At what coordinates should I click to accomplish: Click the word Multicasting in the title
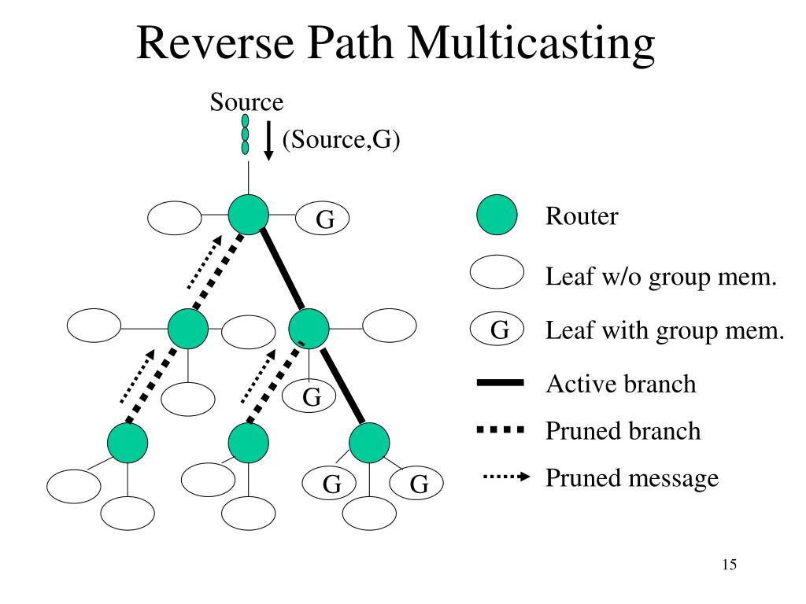(531, 43)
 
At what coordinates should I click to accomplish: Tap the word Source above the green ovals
(246, 101)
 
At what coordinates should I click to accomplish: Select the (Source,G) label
(342, 139)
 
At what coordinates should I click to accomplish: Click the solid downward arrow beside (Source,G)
(268, 141)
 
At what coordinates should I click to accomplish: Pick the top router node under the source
(248, 215)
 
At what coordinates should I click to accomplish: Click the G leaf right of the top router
(322, 219)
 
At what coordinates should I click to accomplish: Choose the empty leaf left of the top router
(175, 218)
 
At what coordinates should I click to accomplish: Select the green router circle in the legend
(497, 215)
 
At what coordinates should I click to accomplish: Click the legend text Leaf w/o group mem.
(661, 277)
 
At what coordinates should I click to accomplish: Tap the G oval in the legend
(497, 328)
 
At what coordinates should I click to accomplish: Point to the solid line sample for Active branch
(500, 383)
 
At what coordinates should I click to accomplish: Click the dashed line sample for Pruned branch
(500, 430)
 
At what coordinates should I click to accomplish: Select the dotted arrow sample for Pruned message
(506, 477)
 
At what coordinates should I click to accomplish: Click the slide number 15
(730, 565)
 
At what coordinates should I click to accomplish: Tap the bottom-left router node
(128, 443)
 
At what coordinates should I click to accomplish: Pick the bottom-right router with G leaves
(369, 443)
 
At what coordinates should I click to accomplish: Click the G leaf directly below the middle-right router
(309, 396)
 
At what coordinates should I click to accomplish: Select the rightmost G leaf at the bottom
(416, 484)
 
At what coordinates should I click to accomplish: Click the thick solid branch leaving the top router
(283, 271)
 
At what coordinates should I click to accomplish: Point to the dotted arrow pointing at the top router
(205, 262)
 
